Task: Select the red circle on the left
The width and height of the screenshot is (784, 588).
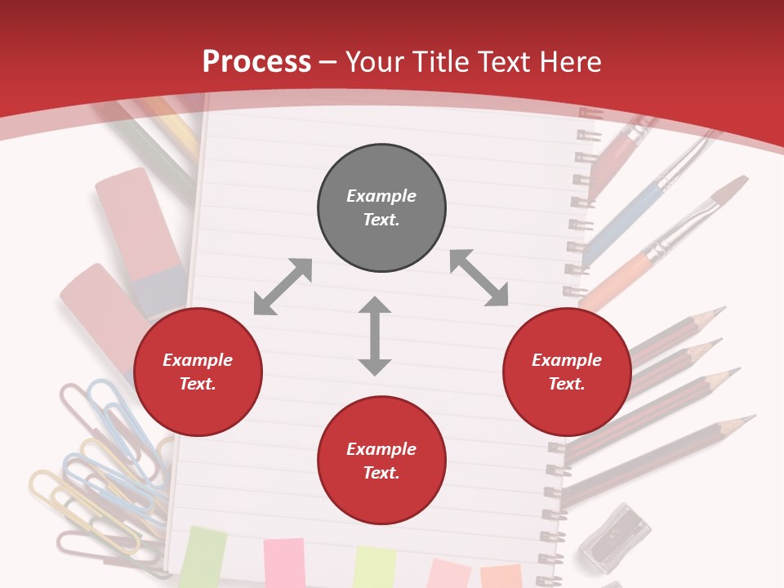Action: [x=198, y=372]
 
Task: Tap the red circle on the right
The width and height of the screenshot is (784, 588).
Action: [x=567, y=372]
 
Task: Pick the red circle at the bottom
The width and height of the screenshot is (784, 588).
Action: [x=381, y=461]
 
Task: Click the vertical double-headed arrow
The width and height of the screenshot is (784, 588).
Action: [x=375, y=336]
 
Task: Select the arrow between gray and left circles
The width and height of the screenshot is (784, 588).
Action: [x=283, y=287]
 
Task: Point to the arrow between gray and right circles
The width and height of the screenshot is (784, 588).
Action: [x=479, y=278]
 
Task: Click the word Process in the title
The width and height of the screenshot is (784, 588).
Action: [x=256, y=62]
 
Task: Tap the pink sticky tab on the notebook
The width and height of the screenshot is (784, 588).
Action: [x=283, y=563]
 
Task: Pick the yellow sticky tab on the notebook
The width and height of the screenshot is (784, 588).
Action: [x=375, y=566]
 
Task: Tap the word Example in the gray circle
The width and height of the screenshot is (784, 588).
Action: [x=381, y=196]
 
